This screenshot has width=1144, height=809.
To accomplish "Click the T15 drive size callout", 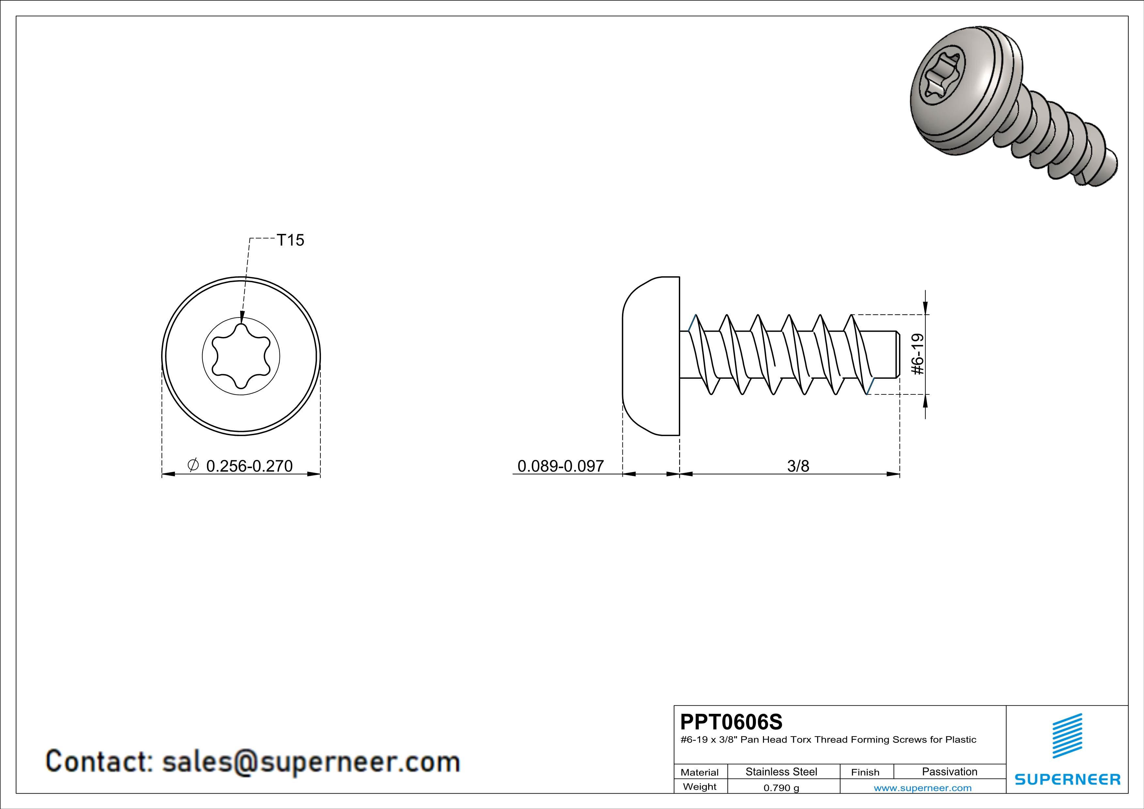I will [x=290, y=240].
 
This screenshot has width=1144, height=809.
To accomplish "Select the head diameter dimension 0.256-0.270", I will [x=249, y=466].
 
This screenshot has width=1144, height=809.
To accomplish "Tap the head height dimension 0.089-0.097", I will [x=560, y=466].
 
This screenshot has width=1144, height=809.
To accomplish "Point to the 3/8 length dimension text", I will [x=798, y=466].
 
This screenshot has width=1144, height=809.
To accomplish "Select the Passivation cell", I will [x=949, y=771].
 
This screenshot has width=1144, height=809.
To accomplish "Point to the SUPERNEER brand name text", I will [x=1067, y=779].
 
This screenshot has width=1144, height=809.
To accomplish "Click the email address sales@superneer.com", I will [x=311, y=762].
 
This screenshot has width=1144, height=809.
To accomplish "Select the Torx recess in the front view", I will [x=241, y=356].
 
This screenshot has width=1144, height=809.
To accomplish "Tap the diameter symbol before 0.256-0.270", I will [x=193, y=465].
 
